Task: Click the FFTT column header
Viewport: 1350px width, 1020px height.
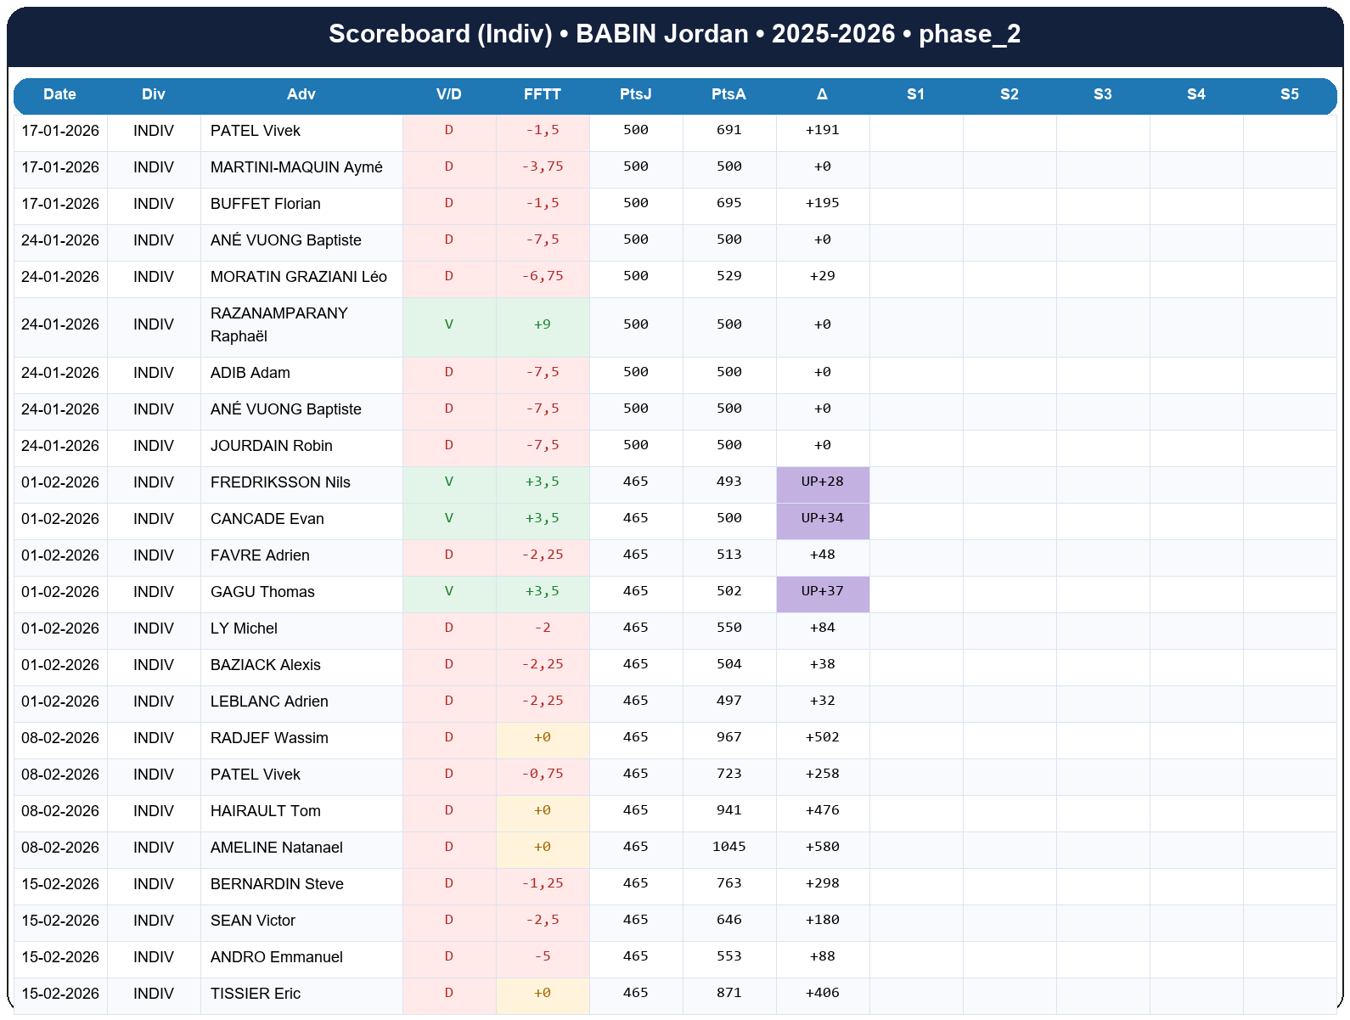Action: point(543,94)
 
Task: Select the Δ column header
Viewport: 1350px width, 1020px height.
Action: point(822,94)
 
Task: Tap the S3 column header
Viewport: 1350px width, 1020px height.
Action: point(1102,94)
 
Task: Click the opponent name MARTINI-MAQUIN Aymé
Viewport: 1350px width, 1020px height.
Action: point(296,167)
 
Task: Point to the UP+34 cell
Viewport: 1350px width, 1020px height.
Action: point(822,518)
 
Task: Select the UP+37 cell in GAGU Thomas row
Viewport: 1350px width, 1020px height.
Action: point(822,591)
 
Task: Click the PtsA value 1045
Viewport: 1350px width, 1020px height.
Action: point(728,847)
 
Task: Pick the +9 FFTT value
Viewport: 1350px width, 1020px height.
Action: point(543,324)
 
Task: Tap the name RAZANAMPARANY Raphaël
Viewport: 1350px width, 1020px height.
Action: point(279,324)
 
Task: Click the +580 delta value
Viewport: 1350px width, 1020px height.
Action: point(822,847)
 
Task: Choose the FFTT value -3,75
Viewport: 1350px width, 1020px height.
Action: point(543,166)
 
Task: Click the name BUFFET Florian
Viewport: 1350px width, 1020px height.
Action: point(266,204)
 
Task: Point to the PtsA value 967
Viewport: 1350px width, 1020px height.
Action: point(728,737)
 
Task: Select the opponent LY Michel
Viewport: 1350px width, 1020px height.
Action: point(244,628)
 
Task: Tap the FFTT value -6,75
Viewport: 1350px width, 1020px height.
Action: point(543,276)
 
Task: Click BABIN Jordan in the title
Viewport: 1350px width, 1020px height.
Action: point(661,34)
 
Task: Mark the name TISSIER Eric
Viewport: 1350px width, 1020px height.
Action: point(256,994)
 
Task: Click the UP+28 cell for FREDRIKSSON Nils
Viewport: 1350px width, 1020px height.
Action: point(822,482)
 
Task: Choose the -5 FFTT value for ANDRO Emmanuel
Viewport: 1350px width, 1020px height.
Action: point(543,956)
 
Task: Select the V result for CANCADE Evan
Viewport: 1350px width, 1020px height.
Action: point(449,518)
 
